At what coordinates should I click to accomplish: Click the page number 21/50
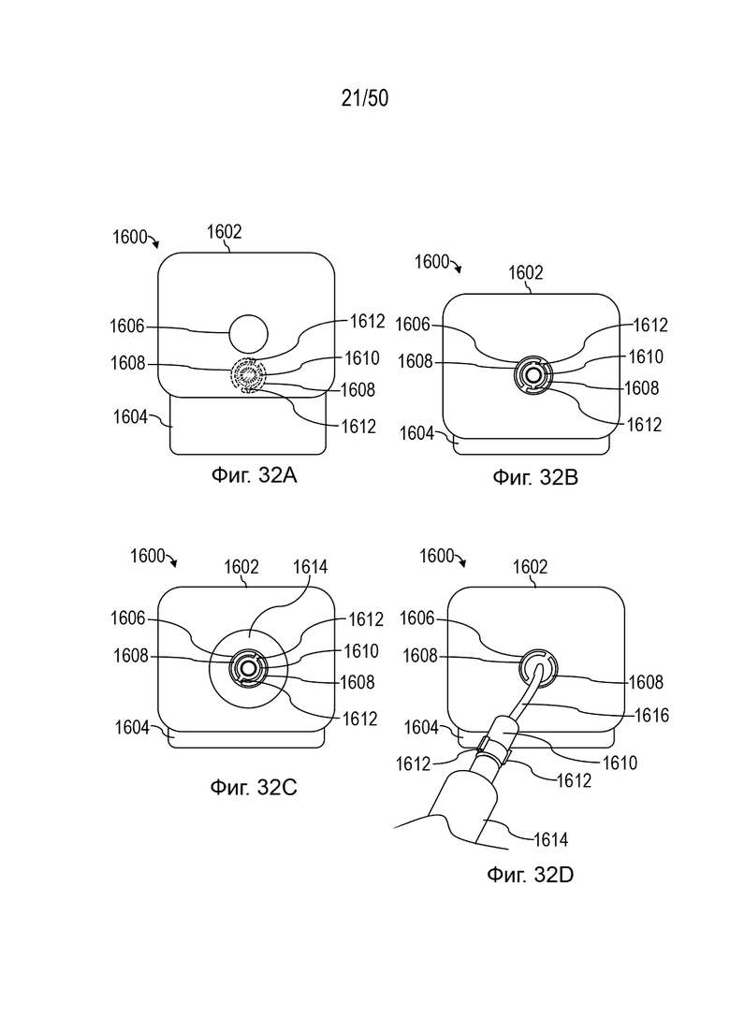pyautogui.click(x=365, y=98)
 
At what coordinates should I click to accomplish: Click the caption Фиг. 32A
pyautogui.click(x=254, y=474)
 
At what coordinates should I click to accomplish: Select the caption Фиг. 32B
pyautogui.click(x=535, y=476)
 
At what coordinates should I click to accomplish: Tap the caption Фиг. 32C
pyautogui.click(x=254, y=787)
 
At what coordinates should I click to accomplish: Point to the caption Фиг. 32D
pyautogui.click(x=530, y=874)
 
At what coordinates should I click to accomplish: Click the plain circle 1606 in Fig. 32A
pyautogui.click(x=248, y=334)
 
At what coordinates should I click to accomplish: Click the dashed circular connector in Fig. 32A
pyautogui.click(x=247, y=376)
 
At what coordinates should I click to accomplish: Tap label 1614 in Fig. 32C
pyautogui.click(x=310, y=567)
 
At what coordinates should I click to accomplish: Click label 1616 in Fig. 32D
pyautogui.click(x=651, y=715)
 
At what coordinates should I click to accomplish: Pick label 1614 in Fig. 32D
pyautogui.click(x=550, y=839)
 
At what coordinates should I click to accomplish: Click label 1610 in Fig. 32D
pyautogui.click(x=620, y=763)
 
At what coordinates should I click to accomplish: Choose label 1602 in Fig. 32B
pyautogui.click(x=525, y=272)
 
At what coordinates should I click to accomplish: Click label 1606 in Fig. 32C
pyautogui.click(x=127, y=618)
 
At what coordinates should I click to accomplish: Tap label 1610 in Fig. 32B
pyautogui.click(x=646, y=356)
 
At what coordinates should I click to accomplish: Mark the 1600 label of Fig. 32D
pyautogui.click(x=437, y=556)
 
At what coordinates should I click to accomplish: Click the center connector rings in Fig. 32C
pyautogui.click(x=248, y=669)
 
